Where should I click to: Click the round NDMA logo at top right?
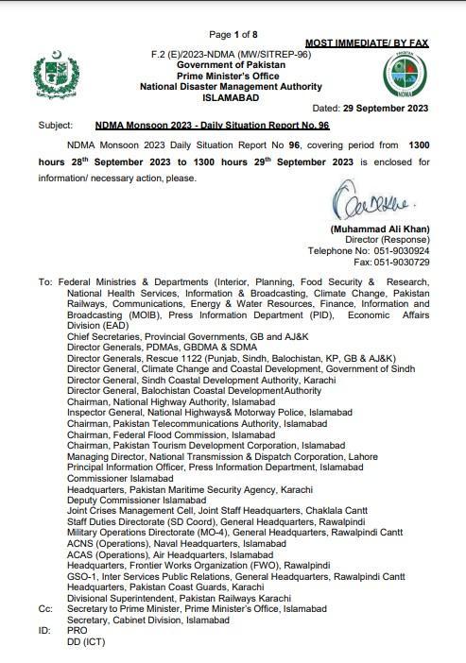[x=404, y=75]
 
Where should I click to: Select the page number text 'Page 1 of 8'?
[x=233, y=35]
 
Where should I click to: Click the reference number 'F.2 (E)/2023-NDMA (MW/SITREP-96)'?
[x=233, y=56]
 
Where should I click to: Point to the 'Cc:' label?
[x=45, y=611]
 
